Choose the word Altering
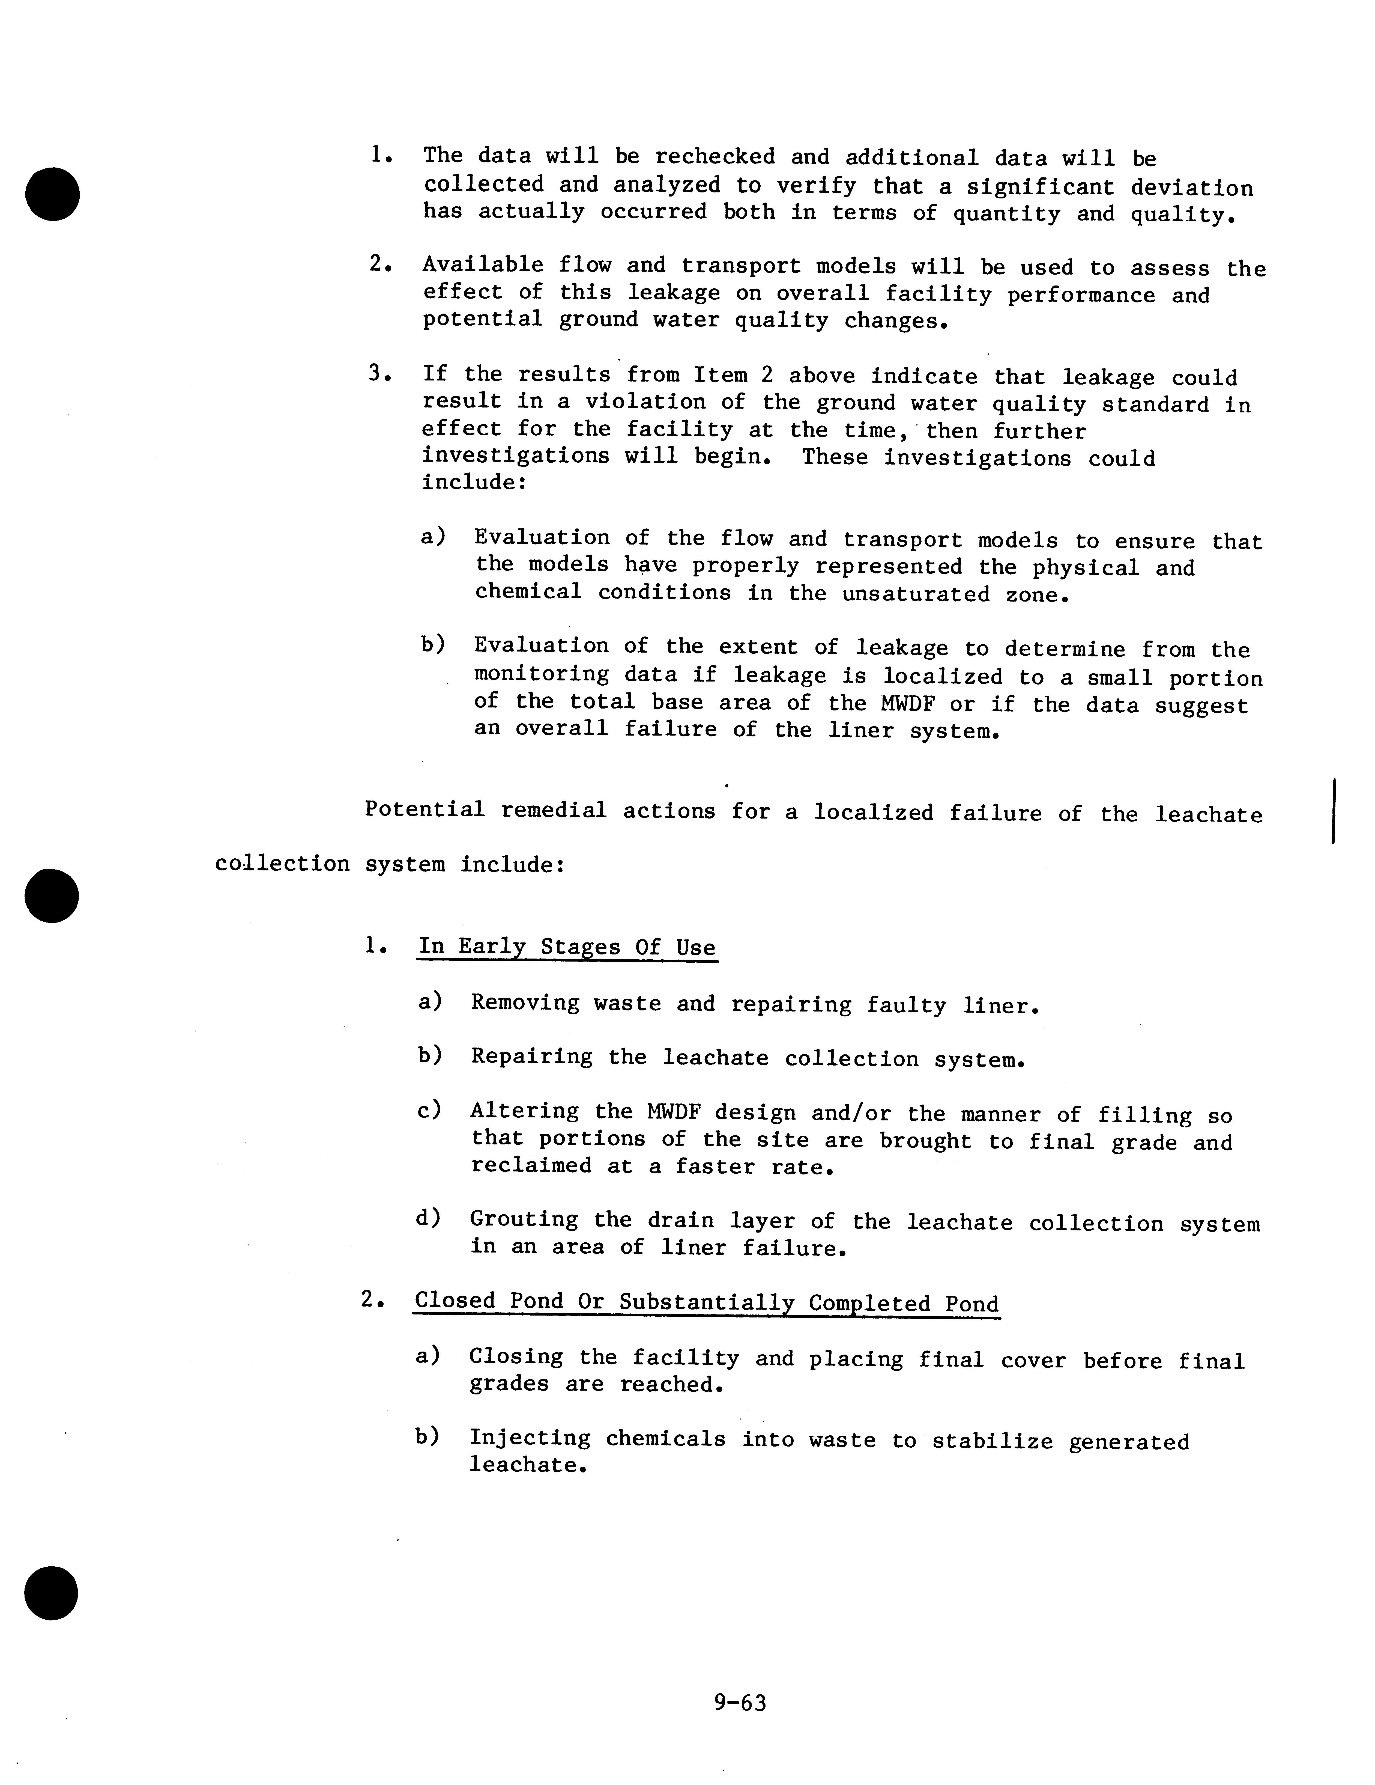click(525, 1112)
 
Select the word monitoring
click(541, 674)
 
